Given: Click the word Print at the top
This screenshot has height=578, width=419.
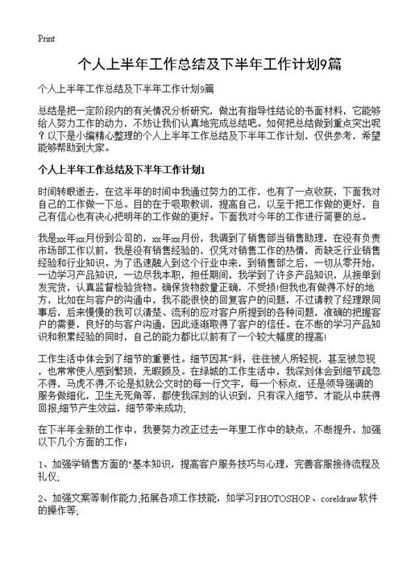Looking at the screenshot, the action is tap(46, 38).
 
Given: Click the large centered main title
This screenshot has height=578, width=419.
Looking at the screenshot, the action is tap(209, 64).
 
